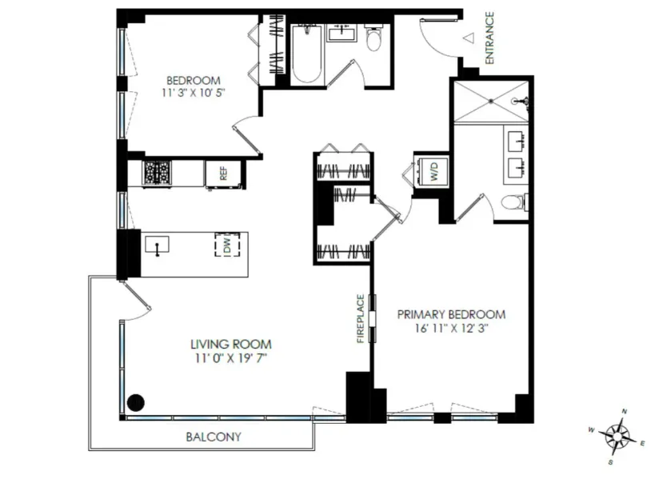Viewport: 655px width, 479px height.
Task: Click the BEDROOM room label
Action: (x=194, y=80)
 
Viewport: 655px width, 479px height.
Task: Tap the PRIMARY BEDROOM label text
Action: (x=452, y=314)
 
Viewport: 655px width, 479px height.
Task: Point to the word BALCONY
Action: (x=213, y=437)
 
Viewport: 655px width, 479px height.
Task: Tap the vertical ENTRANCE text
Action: (x=489, y=38)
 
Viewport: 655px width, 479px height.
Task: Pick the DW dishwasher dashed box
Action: (x=227, y=246)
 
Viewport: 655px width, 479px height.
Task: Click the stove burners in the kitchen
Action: (x=158, y=172)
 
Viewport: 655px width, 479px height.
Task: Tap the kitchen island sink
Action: (x=158, y=245)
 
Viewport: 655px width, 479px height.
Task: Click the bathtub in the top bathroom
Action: (x=306, y=54)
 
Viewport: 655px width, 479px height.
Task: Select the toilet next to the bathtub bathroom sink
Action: (x=373, y=38)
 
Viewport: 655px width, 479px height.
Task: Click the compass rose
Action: (x=617, y=436)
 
